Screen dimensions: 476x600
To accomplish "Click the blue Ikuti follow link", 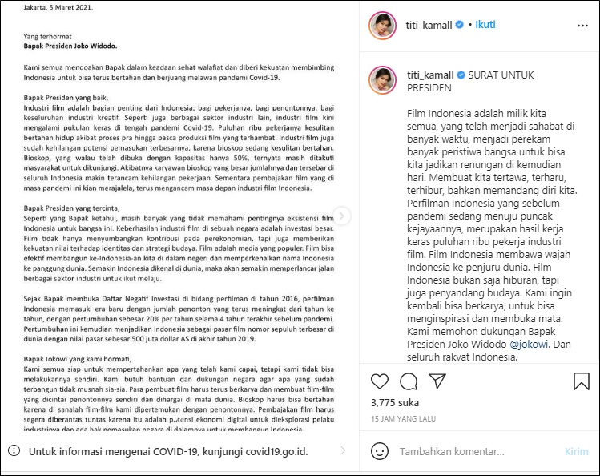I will (485, 25).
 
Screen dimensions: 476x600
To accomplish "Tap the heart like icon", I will (381, 381).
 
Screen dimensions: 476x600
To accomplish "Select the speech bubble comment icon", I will (409, 381).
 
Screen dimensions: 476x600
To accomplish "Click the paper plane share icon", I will (437, 381).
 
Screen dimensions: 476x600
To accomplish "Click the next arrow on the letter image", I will (342, 216).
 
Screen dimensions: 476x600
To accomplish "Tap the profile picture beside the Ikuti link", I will (382, 25).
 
